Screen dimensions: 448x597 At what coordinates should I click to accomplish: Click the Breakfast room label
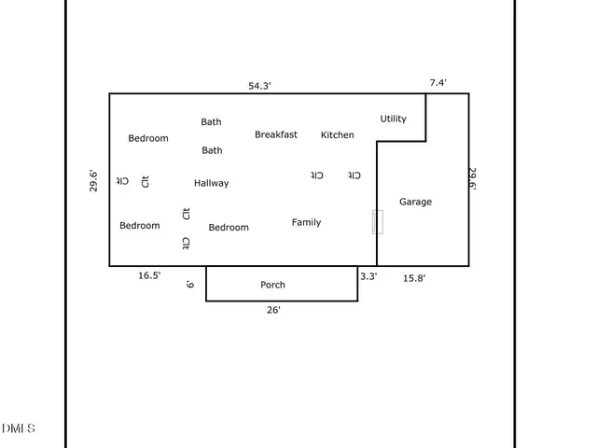276,134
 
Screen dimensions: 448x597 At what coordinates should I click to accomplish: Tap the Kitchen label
337,135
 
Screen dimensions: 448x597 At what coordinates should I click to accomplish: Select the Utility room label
393,119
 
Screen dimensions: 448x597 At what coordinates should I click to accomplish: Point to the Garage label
415,202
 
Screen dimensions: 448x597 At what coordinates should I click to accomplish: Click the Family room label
306,222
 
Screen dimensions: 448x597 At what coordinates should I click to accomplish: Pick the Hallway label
211,183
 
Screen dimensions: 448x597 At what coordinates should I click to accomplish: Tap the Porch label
272,285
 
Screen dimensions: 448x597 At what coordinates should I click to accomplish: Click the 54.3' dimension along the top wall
259,85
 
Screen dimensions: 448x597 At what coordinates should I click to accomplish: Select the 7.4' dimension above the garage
437,83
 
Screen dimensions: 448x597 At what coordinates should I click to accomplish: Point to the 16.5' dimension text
149,275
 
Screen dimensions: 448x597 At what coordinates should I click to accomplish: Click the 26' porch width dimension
273,310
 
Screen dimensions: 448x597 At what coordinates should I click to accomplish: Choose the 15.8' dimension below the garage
413,277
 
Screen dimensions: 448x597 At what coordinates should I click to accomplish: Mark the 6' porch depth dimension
190,284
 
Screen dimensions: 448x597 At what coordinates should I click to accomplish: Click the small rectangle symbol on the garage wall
377,222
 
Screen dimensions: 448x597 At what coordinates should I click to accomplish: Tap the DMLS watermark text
19,428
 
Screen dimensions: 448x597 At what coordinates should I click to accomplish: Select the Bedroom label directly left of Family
229,228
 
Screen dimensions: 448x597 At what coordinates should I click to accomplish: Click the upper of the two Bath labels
212,121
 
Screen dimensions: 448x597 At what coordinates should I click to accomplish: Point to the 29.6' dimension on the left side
93,180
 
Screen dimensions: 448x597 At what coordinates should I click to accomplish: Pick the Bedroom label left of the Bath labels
148,138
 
